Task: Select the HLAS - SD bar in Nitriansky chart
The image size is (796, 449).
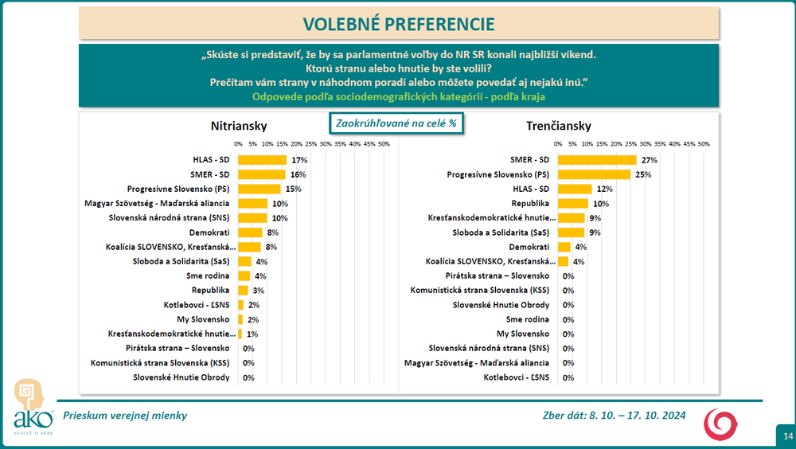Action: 262,160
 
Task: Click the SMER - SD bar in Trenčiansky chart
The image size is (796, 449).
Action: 596,160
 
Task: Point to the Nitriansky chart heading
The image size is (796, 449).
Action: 238,126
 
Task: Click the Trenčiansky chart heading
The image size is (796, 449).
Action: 558,126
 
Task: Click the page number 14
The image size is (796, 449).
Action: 787,435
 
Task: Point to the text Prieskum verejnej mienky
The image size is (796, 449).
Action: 125,416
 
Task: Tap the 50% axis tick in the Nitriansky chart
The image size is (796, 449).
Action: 383,144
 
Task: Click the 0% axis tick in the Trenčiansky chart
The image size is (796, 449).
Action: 558,144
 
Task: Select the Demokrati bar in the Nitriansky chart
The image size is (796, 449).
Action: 250,232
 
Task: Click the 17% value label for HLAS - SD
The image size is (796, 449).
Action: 299,160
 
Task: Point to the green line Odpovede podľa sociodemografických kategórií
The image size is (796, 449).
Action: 400,96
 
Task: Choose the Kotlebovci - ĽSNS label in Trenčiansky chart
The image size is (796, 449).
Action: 517,377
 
